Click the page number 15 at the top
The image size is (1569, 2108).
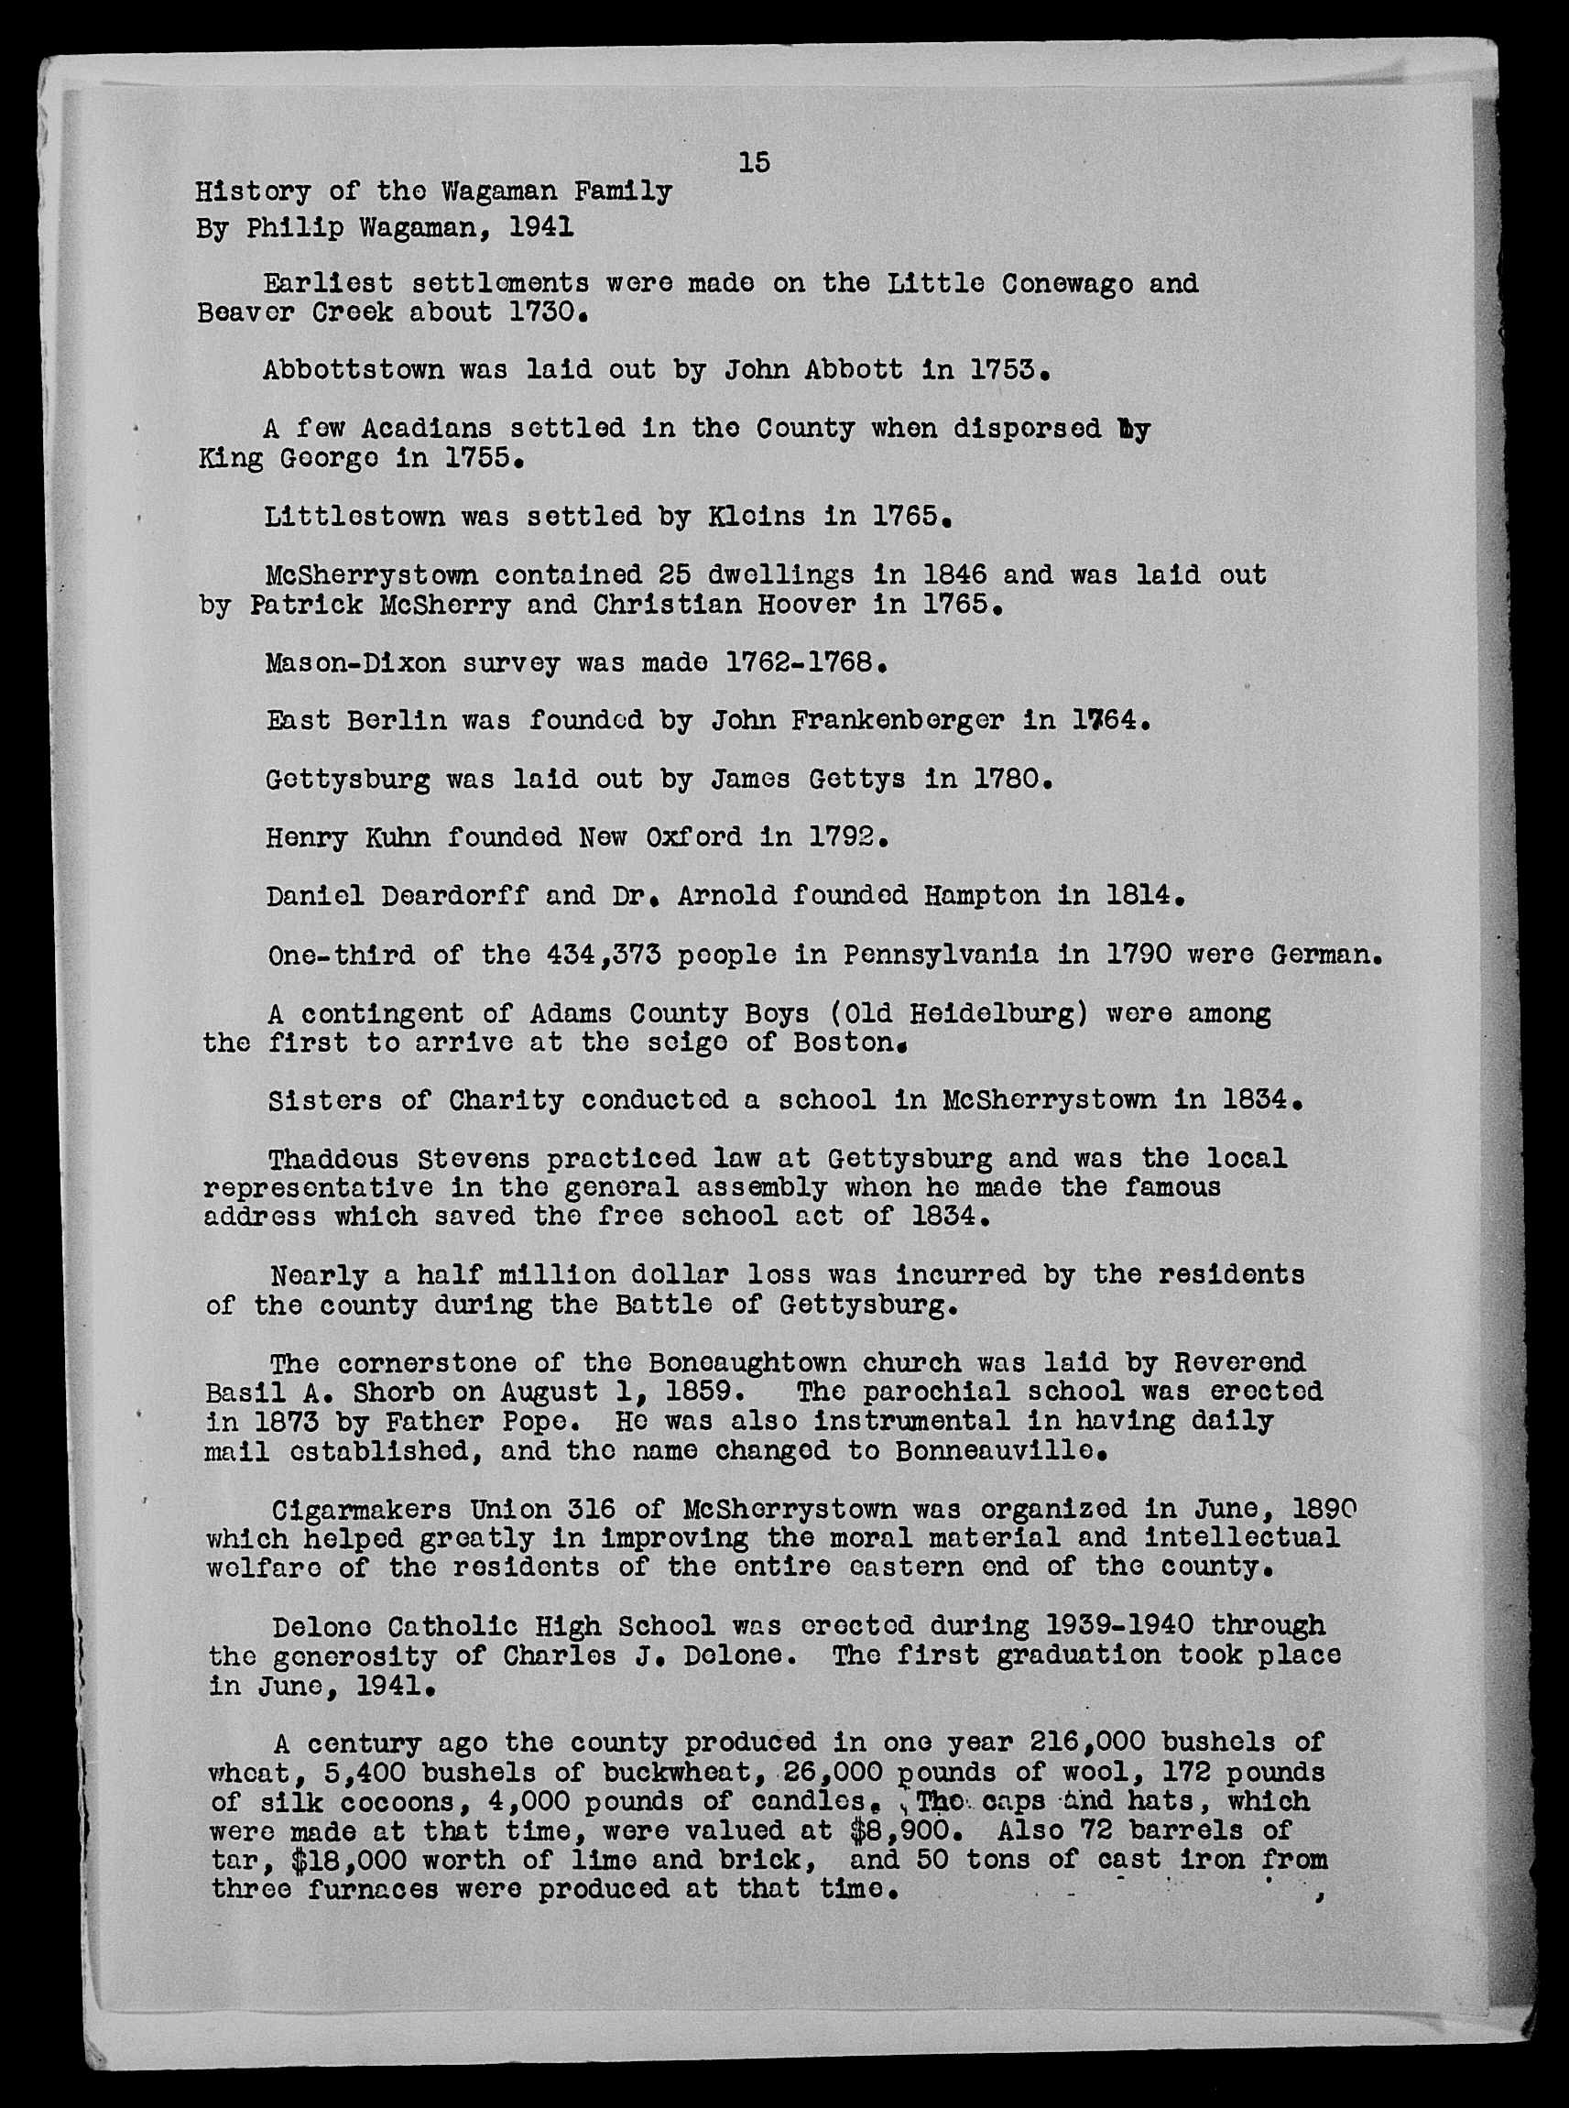pos(754,162)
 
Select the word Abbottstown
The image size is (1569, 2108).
pos(354,368)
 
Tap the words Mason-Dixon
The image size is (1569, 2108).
pos(355,662)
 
